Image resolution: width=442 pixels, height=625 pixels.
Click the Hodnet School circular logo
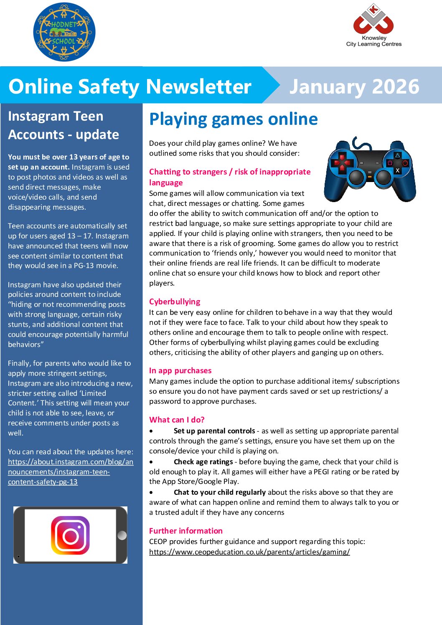click(64, 33)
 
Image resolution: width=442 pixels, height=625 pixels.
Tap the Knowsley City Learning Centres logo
click(373, 25)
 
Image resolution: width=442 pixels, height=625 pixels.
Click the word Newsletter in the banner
click(199, 86)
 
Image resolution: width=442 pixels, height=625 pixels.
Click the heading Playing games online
click(233, 119)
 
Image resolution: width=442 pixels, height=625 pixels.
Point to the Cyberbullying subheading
click(175, 301)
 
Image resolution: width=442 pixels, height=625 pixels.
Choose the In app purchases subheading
click(180, 370)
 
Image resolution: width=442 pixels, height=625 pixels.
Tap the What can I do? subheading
click(177, 420)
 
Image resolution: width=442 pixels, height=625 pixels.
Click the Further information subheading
click(185, 531)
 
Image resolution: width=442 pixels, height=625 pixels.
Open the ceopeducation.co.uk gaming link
click(249, 552)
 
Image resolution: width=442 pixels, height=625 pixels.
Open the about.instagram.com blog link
click(70, 472)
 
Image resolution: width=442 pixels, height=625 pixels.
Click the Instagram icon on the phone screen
click(70, 535)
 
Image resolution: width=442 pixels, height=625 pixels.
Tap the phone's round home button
click(122, 535)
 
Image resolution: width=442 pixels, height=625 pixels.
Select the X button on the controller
click(397, 170)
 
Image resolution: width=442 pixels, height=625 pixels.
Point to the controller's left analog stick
click(356, 177)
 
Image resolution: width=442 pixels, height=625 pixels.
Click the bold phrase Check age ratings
click(203, 462)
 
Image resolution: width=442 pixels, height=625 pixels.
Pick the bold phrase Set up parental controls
click(214, 431)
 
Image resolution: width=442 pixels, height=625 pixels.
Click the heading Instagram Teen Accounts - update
click(64, 125)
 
